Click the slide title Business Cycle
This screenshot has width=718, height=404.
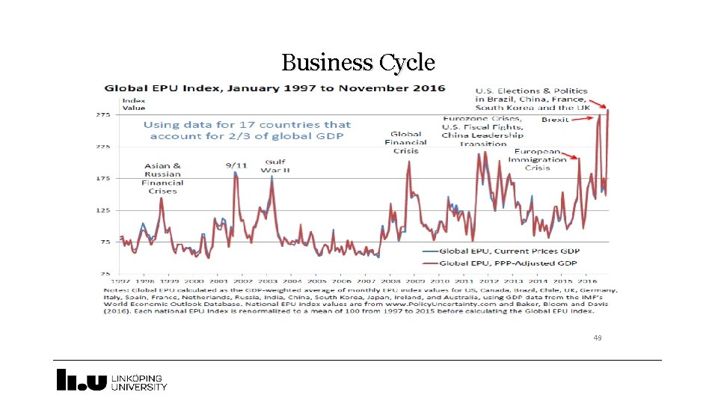tap(358, 62)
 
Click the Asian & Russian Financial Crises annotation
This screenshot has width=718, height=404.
tap(162, 178)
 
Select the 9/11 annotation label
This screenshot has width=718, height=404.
tap(236, 164)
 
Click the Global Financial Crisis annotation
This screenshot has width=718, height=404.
tap(405, 142)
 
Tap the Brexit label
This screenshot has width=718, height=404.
tap(555, 119)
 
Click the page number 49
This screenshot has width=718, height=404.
tap(597, 337)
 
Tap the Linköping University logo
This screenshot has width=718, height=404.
tap(112, 381)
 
